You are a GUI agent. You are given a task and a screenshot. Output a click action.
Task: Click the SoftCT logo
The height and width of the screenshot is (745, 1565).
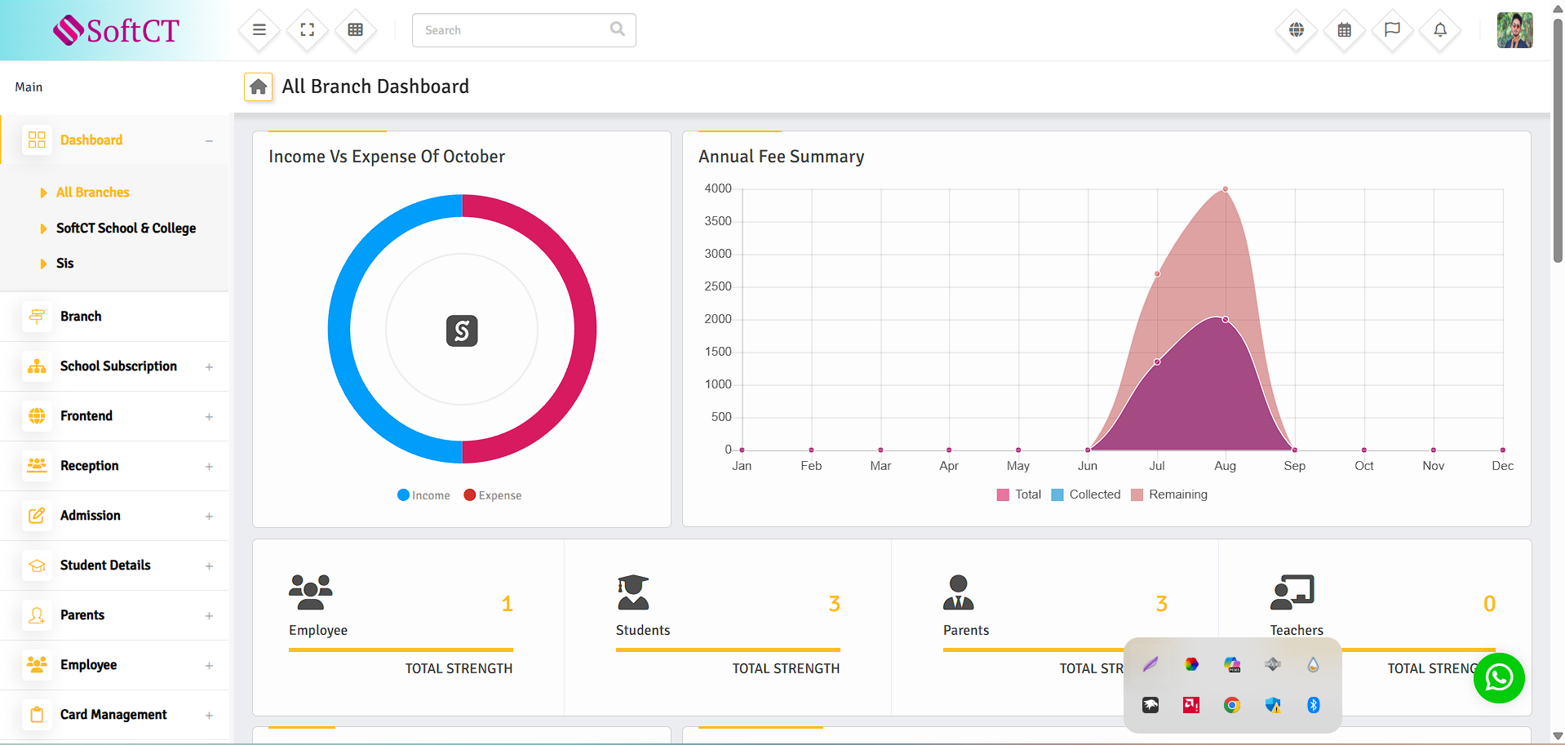(116, 30)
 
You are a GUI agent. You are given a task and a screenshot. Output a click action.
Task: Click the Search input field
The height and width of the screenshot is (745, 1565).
(514, 30)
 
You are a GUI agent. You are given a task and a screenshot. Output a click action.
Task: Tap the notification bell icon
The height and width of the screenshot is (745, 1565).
(1440, 30)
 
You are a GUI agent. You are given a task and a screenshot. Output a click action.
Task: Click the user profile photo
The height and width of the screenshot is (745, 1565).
(1514, 30)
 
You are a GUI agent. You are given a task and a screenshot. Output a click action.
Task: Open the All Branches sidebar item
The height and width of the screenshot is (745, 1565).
(92, 193)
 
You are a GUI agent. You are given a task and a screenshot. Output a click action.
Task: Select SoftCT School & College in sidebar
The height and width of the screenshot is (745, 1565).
(126, 228)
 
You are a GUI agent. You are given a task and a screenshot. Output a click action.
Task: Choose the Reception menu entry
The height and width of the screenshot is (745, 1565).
(90, 466)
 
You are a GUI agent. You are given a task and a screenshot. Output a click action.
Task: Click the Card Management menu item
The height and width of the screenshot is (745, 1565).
(113, 715)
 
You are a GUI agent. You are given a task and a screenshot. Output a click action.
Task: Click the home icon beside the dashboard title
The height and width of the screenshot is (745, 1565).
(259, 86)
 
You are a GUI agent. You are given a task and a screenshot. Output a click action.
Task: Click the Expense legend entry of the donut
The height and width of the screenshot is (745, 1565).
(493, 495)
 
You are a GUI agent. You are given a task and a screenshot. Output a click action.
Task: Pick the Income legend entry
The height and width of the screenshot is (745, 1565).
(423, 495)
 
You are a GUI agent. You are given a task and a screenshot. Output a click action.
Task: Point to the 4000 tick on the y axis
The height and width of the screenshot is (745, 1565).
(718, 188)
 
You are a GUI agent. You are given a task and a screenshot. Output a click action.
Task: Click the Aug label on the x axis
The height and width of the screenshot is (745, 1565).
(1225, 466)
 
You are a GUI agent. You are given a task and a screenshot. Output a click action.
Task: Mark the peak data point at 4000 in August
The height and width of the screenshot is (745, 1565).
(1226, 189)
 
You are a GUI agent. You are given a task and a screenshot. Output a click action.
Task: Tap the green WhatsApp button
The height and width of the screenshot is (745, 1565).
(1499, 678)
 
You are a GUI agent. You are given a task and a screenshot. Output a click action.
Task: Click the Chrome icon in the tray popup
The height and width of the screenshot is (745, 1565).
(1232, 705)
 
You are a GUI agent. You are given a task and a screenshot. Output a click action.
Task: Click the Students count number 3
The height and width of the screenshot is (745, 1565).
(834, 604)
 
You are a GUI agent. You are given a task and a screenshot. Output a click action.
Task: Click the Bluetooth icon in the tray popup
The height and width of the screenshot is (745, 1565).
(1313, 705)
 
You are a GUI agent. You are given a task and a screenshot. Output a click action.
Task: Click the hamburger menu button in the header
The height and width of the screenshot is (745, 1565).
(259, 30)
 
